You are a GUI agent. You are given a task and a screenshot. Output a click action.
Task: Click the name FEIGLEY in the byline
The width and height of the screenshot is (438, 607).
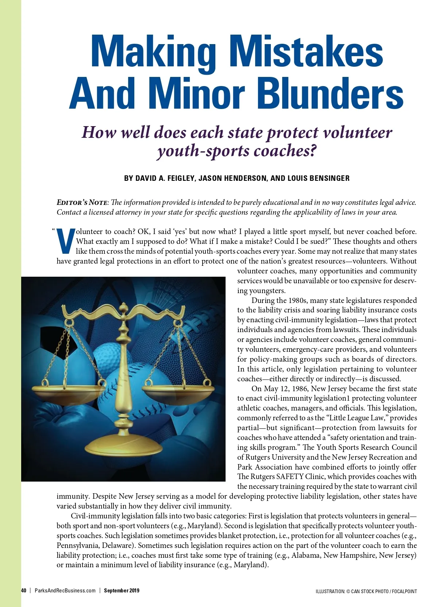(181, 178)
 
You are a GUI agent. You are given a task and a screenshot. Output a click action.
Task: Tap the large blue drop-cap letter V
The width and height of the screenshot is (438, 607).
(66, 241)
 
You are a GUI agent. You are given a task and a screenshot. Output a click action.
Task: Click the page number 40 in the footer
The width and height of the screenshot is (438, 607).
(24, 591)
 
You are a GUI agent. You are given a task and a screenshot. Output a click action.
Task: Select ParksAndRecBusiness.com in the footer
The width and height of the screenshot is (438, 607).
(65, 591)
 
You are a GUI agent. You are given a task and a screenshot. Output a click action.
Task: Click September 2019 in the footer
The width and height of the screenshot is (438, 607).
(122, 591)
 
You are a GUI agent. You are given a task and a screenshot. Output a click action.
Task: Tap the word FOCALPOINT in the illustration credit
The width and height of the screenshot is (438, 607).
(405, 591)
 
